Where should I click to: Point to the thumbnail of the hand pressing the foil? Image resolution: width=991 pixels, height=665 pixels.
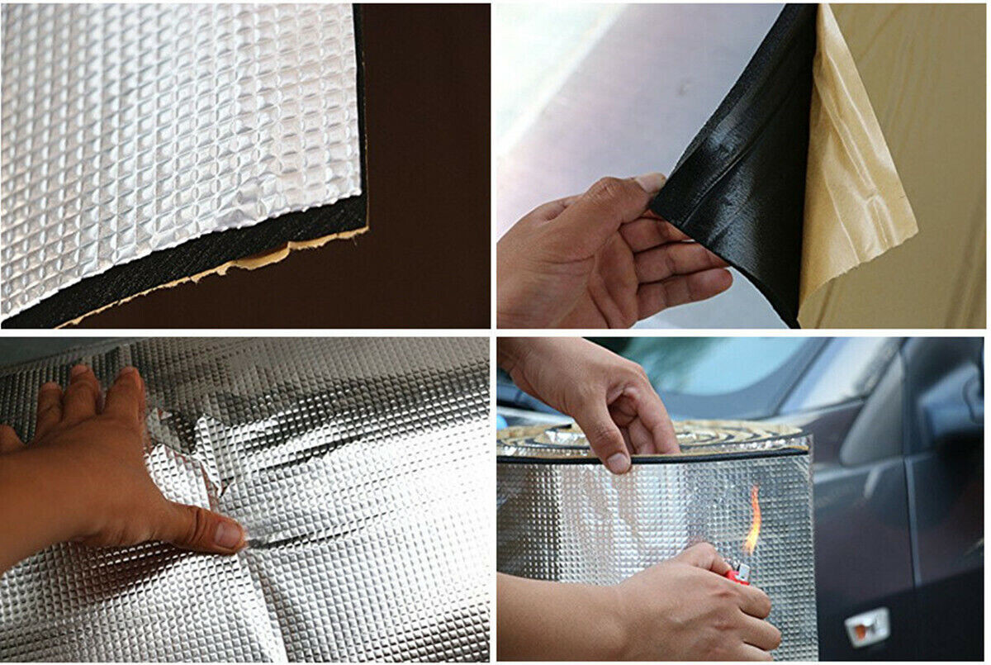coord(230,535)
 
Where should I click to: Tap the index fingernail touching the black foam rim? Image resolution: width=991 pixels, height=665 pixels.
coord(617,463)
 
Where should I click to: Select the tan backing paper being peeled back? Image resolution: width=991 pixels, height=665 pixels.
coord(859,182)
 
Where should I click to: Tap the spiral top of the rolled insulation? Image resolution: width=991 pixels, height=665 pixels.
coord(727,434)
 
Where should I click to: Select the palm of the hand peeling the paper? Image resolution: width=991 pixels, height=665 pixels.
coord(570,264)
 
